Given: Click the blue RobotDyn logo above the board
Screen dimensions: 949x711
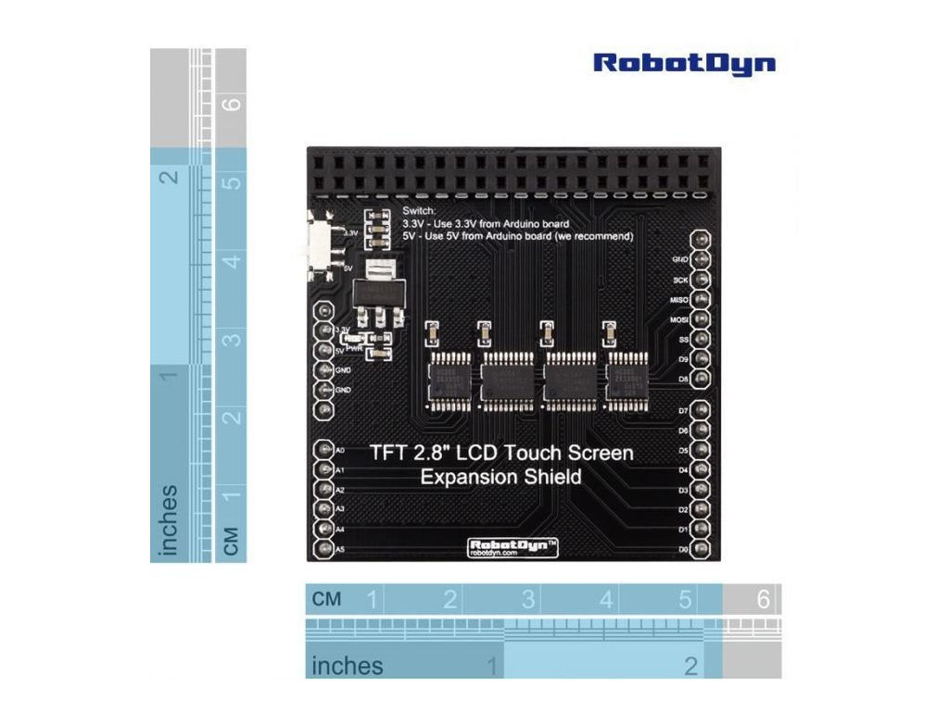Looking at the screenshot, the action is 684,63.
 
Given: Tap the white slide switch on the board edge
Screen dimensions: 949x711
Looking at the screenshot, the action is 318,243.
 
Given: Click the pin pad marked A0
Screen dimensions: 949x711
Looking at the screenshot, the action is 324,450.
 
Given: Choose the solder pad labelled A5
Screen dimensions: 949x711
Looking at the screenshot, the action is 324,550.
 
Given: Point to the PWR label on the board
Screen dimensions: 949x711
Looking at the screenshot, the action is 354,347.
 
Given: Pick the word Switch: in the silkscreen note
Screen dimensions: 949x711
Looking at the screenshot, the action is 419,212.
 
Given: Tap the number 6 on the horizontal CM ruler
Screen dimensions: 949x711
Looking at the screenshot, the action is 763,600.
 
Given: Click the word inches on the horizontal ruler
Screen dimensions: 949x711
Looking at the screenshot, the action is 348,666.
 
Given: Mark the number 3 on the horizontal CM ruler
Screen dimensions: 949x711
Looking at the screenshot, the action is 528,600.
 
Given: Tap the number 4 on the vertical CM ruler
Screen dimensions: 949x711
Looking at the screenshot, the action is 233,261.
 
